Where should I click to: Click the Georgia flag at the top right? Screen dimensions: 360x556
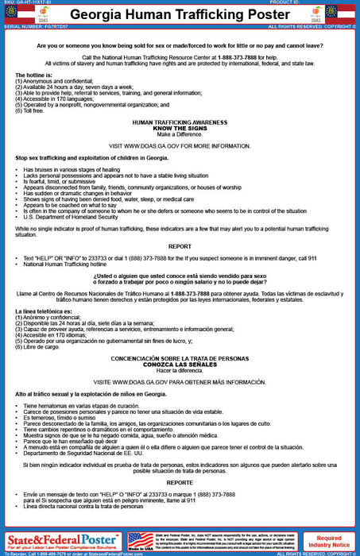click(347, 14)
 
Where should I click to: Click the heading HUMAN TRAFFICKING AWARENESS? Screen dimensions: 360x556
click(180, 123)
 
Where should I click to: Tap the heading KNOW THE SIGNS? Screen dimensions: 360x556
click(180, 129)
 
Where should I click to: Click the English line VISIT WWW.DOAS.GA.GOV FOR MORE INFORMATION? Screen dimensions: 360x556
click(180, 146)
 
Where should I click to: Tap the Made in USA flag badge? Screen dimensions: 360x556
click(141, 542)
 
